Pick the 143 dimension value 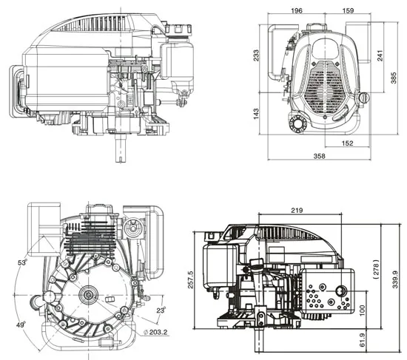pos(257,115)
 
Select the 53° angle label pos(22,262)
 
